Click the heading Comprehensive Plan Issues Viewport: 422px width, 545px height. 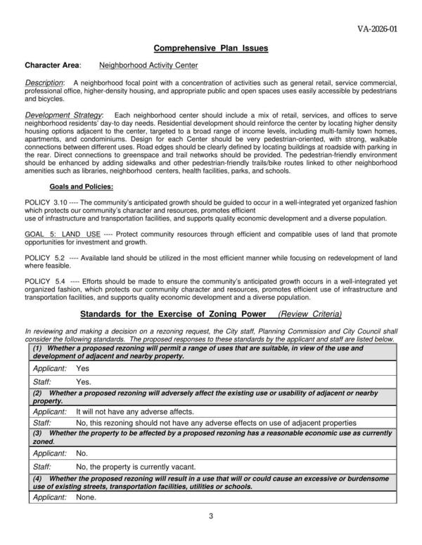point(211,48)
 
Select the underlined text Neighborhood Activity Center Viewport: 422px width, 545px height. point(148,66)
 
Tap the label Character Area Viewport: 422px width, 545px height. point(51,66)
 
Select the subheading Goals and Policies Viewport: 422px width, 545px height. point(81,187)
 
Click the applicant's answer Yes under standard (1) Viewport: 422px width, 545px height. point(82,368)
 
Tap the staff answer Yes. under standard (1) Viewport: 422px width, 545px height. point(84,381)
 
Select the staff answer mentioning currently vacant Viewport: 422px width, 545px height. point(135,466)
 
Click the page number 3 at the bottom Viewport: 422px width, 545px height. point(211,518)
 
